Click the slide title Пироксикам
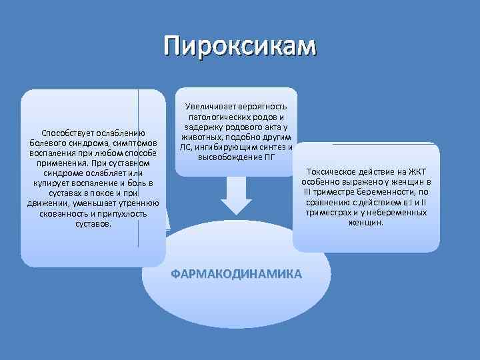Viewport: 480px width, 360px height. [x=241, y=46]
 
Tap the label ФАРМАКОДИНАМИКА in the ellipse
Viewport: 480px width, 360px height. [x=236, y=274]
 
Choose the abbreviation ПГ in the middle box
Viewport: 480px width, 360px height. [x=276, y=157]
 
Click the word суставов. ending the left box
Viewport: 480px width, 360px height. [x=93, y=224]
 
